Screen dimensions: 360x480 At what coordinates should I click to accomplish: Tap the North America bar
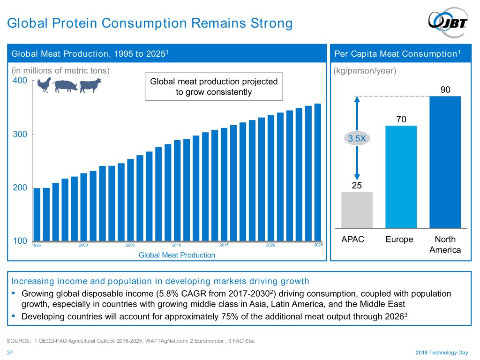pos(445,162)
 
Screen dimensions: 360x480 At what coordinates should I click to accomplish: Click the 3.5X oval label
pos(357,139)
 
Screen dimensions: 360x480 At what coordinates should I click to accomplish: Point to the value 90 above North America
pos(445,90)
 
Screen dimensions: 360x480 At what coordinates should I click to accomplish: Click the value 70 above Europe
pos(401,120)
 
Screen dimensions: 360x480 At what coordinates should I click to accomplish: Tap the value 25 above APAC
pos(357,186)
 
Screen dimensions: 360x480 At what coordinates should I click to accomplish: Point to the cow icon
pos(90,86)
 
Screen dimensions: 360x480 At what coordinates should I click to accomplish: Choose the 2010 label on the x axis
pos(176,245)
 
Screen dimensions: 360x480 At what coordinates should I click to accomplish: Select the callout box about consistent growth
pos(214,87)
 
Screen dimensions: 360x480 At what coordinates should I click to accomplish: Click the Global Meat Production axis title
pos(177,255)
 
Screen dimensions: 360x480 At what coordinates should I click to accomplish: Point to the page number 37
pos(10,352)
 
